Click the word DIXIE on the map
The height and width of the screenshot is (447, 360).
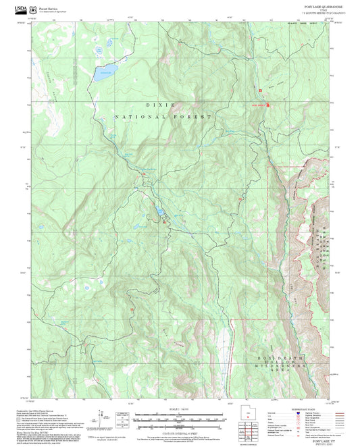[x=160, y=105]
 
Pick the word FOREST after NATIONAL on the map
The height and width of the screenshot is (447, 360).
[x=195, y=117]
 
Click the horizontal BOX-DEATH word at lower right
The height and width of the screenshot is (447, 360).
[x=280, y=358]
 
